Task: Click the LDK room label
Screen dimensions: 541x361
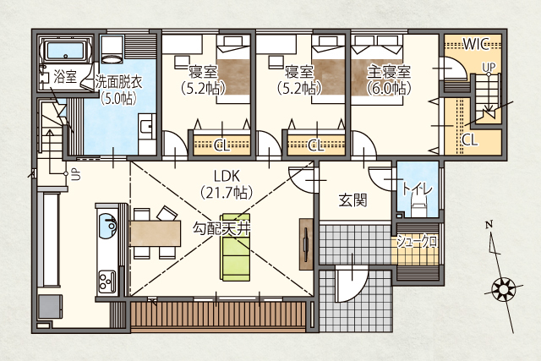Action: pos(227,177)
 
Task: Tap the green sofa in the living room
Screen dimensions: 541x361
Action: pos(236,247)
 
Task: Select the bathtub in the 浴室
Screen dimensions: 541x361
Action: pos(66,51)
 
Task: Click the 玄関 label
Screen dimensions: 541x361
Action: pos(352,200)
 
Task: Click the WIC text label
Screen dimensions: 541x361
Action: pos(476,44)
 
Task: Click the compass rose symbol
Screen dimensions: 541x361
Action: pos(504,288)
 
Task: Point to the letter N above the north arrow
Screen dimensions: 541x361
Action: pos(489,225)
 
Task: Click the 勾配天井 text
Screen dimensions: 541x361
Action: pos(221,228)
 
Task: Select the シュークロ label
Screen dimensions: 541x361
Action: pos(417,242)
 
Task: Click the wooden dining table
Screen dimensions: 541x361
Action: pos(156,233)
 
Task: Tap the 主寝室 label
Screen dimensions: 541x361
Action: pos(389,72)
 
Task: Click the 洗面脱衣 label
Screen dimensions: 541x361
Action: pos(118,82)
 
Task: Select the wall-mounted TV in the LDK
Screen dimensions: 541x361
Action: pos(306,243)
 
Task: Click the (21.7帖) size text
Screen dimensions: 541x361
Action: pos(227,192)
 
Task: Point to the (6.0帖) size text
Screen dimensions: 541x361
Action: pos(389,89)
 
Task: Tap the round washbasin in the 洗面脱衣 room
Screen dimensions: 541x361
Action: pos(112,59)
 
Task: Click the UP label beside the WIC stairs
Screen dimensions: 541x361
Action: pos(489,68)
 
